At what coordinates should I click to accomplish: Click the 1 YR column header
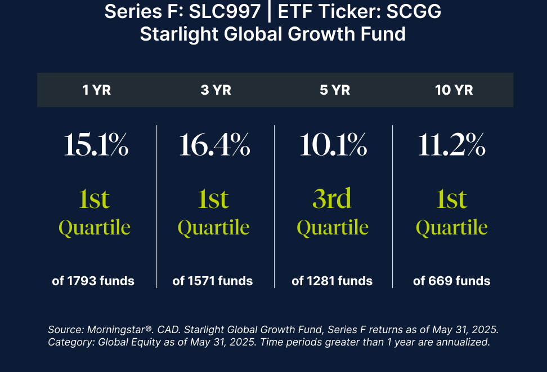click(x=97, y=90)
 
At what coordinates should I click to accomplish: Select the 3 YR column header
click(x=216, y=90)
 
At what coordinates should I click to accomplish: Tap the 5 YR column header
click(x=335, y=90)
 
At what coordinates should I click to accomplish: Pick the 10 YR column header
click(x=454, y=90)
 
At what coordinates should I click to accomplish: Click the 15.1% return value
click(x=96, y=145)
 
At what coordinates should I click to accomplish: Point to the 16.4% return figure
click(x=214, y=145)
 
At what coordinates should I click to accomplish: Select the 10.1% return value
click(x=333, y=145)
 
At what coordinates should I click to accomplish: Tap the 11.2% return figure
click(x=452, y=145)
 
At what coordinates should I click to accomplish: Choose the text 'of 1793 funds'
click(x=93, y=281)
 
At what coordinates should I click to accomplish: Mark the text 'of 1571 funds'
click(x=213, y=281)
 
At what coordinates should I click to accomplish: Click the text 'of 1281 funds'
click(x=332, y=281)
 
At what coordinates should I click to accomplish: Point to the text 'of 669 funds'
click(x=452, y=281)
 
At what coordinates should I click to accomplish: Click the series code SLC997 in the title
click(x=225, y=11)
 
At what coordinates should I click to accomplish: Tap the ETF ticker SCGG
click(x=414, y=11)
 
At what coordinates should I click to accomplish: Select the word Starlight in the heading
click(x=179, y=34)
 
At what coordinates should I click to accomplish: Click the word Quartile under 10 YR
click(x=452, y=228)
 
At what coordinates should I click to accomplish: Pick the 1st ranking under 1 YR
click(x=94, y=199)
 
